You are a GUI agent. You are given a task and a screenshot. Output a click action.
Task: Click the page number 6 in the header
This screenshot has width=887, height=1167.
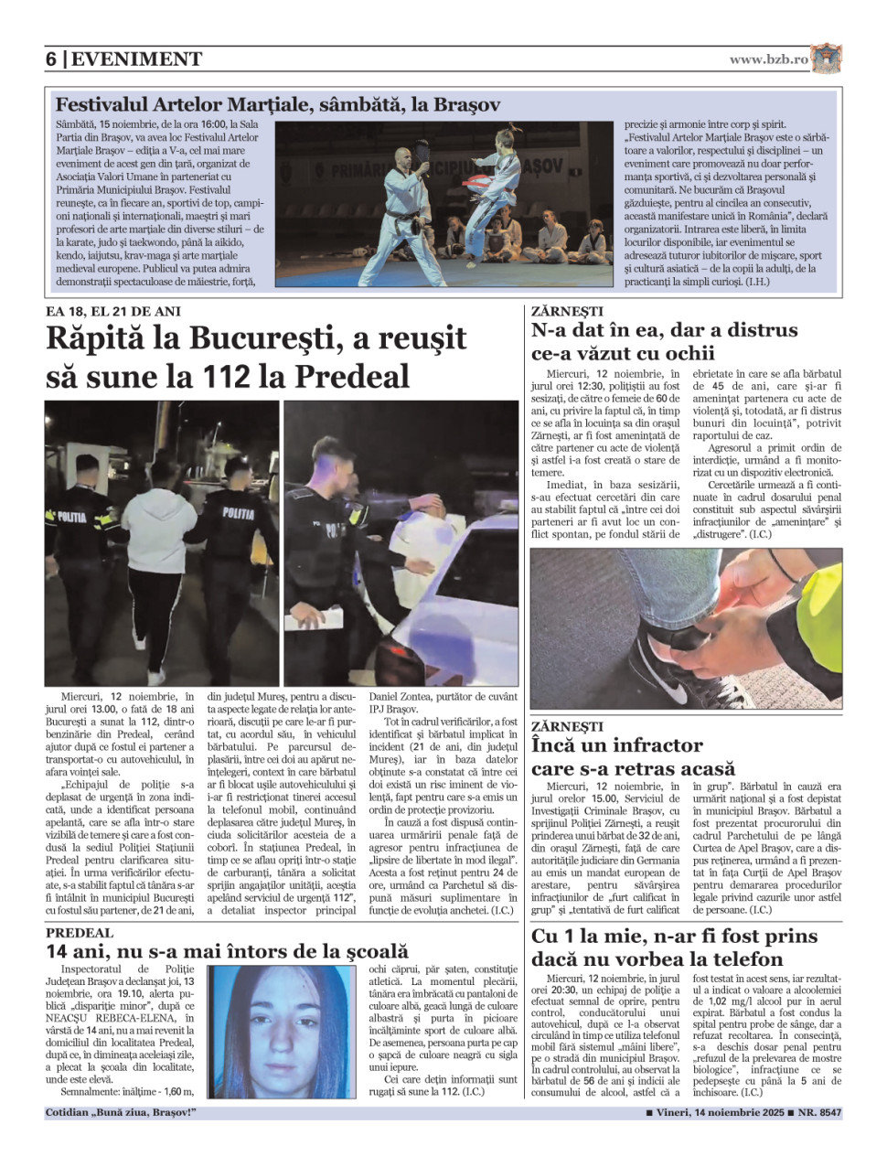coord(51,59)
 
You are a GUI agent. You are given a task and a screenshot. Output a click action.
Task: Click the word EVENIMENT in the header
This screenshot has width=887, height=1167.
coord(136,59)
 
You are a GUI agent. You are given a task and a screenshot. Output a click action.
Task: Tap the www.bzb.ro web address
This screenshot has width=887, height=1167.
coord(768,59)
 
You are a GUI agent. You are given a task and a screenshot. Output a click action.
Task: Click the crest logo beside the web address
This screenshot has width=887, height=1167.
coord(826,59)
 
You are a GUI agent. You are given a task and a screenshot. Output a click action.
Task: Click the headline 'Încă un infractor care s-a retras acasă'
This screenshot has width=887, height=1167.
coord(633,756)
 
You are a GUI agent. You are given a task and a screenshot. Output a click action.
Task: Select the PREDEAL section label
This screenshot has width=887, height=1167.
coord(80,933)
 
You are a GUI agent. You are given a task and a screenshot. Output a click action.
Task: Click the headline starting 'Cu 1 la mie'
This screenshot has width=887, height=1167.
coord(674,947)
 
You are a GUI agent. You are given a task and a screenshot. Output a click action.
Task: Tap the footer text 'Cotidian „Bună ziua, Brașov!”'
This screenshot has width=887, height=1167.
coord(121,1113)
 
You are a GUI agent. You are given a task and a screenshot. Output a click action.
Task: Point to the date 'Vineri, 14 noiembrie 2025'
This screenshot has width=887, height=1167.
coord(715,1113)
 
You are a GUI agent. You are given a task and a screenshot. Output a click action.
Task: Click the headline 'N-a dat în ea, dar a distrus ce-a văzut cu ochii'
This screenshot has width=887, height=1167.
coord(664,341)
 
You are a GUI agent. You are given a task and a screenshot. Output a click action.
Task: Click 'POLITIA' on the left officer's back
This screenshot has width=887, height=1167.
coord(72,517)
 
